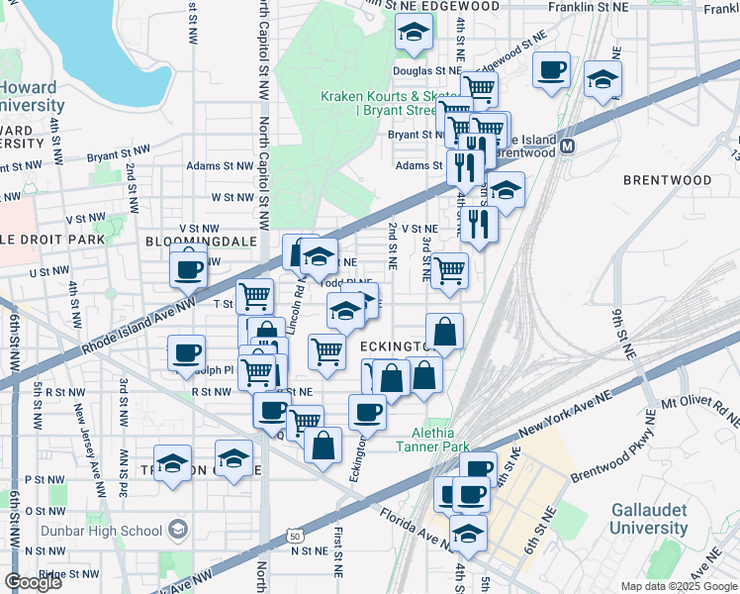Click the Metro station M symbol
(x=569, y=146)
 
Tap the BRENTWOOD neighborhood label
(x=667, y=180)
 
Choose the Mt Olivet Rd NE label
(x=700, y=411)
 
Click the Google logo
(x=33, y=582)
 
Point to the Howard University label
(x=32, y=96)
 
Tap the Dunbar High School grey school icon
(x=178, y=531)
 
